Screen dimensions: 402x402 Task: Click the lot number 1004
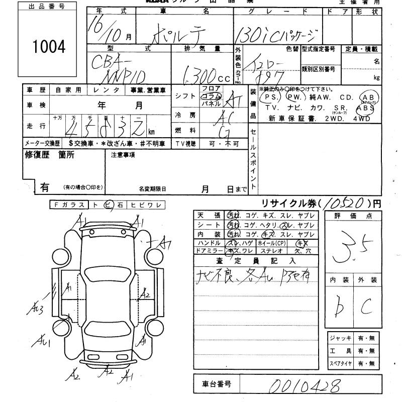(49, 47)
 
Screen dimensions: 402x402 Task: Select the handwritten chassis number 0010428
(304, 386)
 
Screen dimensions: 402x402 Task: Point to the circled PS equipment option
(271, 96)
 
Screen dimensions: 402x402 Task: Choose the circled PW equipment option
(294, 96)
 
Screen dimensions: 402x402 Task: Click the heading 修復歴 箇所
(49, 155)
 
